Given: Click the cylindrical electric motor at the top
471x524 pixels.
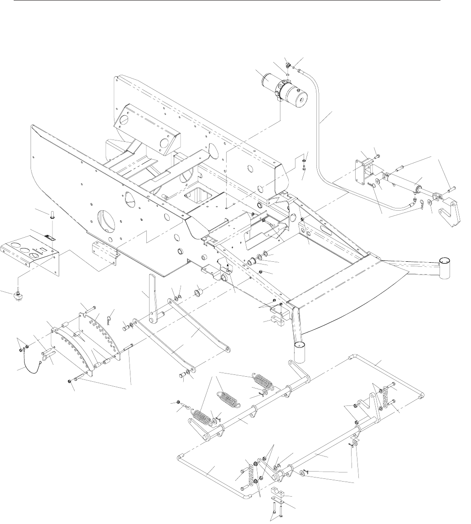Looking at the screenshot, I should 283,89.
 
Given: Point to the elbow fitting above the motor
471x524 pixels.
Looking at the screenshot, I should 288,64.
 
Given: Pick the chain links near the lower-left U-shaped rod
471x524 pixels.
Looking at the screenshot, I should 250,474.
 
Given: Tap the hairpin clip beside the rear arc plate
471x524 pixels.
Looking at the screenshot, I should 109,315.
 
